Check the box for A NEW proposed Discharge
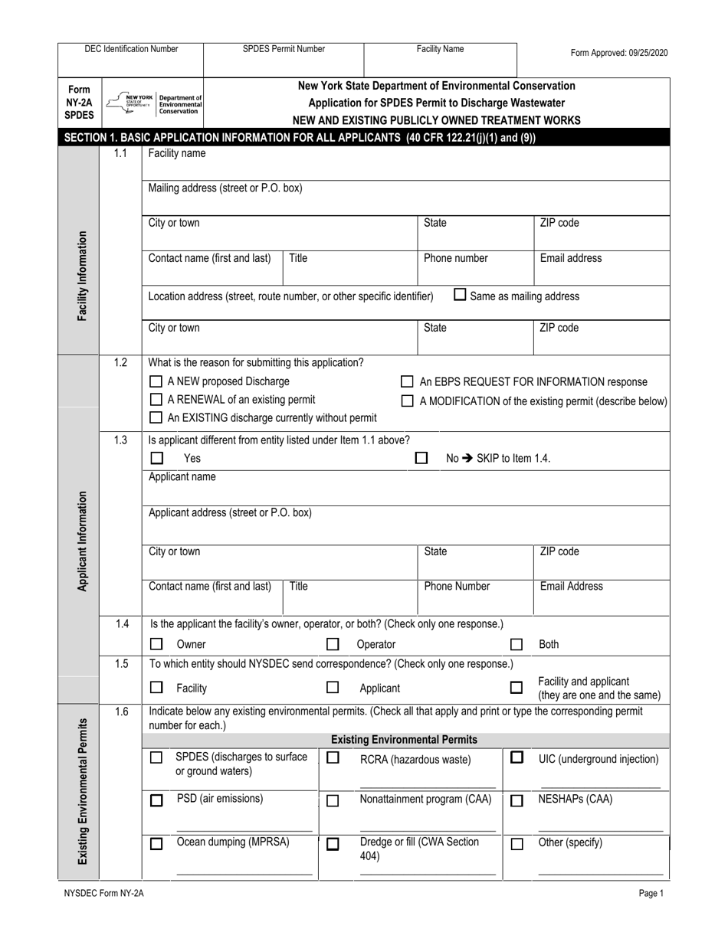(156, 381)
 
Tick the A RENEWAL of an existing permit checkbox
(156, 399)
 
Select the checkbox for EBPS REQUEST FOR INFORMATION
(408, 381)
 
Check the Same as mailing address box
(460, 294)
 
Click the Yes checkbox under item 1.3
(157, 458)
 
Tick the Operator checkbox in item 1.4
(333, 644)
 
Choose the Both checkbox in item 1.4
(516, 644)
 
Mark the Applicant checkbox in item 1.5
(333, 688)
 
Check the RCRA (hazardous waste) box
(333, 757)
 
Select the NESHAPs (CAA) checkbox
(516, 801)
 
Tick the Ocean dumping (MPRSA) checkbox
(156, 844)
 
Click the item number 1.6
(121, 711)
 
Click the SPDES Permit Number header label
(284, 49)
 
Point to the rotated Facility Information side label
(81, 276)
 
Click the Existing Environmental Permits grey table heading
(404, 740)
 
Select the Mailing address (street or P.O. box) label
(225, 188)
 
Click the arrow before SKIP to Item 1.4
(466, 459)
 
